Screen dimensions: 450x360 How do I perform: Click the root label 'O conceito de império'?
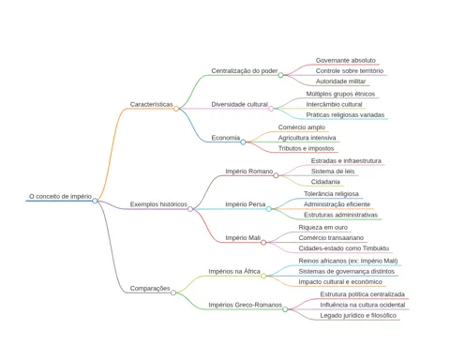(x=60, y=197)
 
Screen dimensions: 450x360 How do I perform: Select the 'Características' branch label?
(x=151, y=104)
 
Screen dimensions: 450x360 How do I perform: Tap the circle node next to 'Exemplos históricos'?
(x=190, y=209)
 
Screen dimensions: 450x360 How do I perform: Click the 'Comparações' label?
(x=150, y=289)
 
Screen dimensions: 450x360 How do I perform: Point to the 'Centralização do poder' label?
(x=245, y=71)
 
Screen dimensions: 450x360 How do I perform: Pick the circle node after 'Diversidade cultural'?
(x=271, y=109)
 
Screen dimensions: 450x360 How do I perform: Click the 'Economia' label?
(x=226, y=138)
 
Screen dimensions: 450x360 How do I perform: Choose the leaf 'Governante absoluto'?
(x=346, y=60)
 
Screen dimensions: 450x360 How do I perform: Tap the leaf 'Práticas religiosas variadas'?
(x=345, y=115)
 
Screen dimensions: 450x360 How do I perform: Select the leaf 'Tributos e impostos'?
(x=307, y=148)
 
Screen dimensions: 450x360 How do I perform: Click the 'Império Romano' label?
(x=249, y=172)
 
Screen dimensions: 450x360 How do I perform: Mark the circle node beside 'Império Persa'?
(x=269, y=209)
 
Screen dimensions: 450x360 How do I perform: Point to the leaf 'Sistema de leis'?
(x=333, y=172)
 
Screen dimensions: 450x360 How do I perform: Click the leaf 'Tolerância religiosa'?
(x=331, y=194)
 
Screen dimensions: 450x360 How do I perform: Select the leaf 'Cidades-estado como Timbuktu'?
(x=344, y=248)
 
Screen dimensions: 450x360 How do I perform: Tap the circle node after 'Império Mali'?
(x=263, y=243)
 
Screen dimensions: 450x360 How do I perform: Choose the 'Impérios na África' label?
(x=234, y=272)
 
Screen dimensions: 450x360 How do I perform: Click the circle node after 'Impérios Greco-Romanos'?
(x=285, y=309)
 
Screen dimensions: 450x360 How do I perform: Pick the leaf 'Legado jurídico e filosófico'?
(x=358, y=316)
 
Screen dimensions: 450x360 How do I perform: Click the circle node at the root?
(x=95, y=201)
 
